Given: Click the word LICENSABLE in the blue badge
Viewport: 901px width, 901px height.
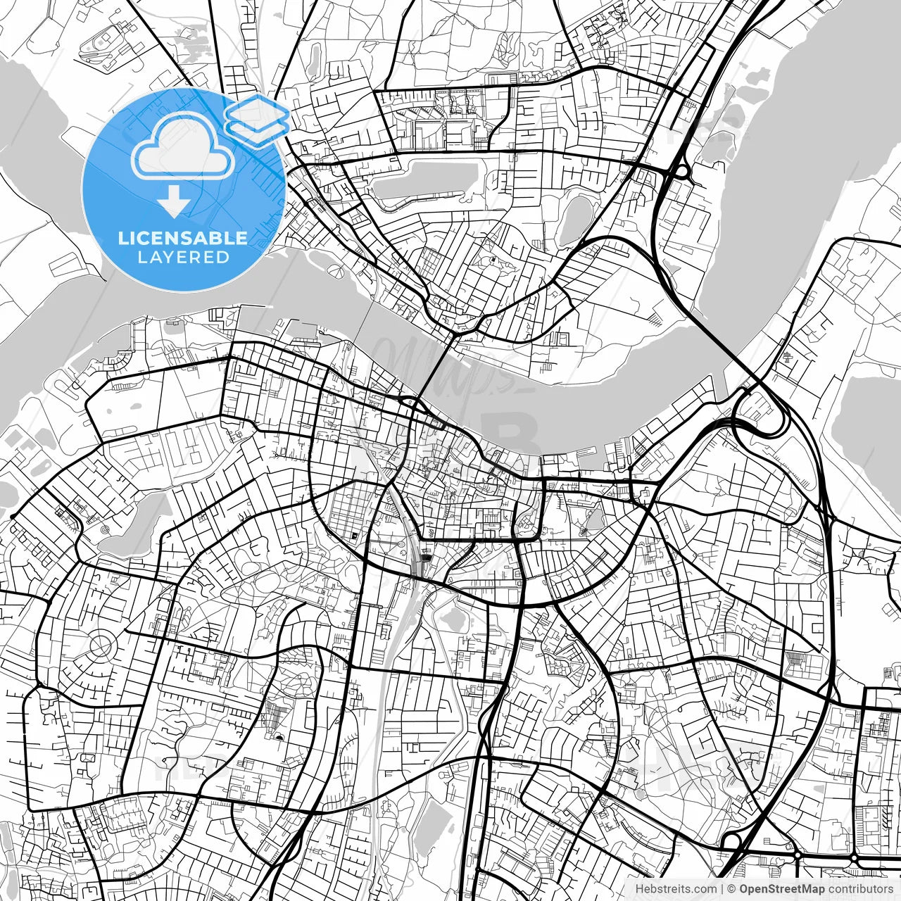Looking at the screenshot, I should click(183, 238).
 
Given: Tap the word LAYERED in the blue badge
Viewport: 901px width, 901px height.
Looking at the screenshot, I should click(183, 257).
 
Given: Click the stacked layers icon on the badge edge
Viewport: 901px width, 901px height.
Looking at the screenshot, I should click(258, 120).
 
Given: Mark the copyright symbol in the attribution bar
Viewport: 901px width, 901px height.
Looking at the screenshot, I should click(731, 889).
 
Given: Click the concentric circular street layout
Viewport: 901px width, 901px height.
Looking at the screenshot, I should click(101, 643).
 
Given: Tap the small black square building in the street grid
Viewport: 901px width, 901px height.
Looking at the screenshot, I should click(354, 536).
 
